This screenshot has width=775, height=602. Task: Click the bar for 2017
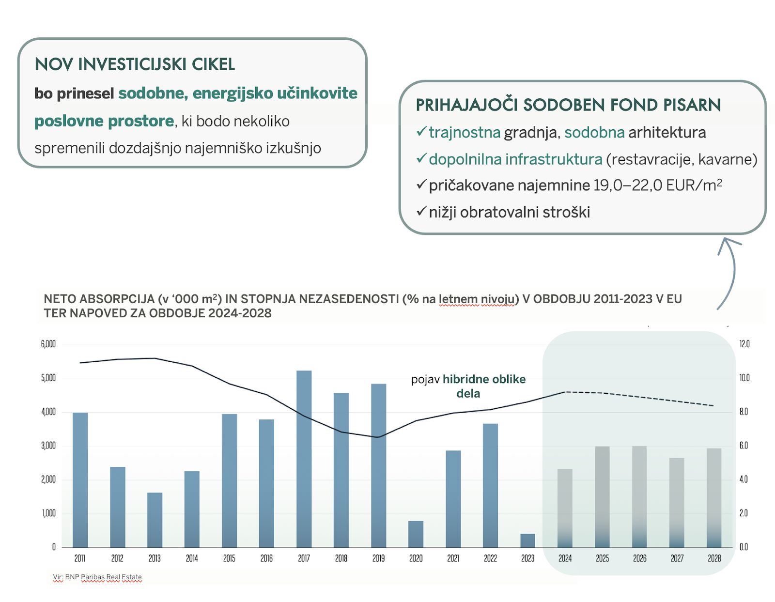[304, 459]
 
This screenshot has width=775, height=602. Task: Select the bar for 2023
[527, 540]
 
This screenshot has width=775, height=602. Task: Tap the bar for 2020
[416, 534]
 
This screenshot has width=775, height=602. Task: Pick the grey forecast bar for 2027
[677, 502]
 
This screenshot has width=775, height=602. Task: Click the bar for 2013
[155, 520]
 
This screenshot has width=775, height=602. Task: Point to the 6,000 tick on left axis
[48, 344]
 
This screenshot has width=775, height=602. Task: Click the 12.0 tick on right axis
[744, 344]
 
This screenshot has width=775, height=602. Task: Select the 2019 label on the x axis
[378, 558]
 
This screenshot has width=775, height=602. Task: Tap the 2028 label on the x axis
[714, 558]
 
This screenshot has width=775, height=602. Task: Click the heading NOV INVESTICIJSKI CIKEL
[135, 64]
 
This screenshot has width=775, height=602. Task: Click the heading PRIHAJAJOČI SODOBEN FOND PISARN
[568, 105]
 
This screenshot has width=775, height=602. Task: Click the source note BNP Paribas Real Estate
[97, 577]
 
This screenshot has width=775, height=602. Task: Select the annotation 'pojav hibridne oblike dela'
[468, 386]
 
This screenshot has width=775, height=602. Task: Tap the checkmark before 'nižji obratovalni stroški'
[421, 211]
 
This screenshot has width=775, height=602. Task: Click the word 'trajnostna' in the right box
[464, 133]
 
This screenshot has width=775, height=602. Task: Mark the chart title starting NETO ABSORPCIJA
[362, 306]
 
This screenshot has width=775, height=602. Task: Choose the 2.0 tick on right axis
[744, 513]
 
